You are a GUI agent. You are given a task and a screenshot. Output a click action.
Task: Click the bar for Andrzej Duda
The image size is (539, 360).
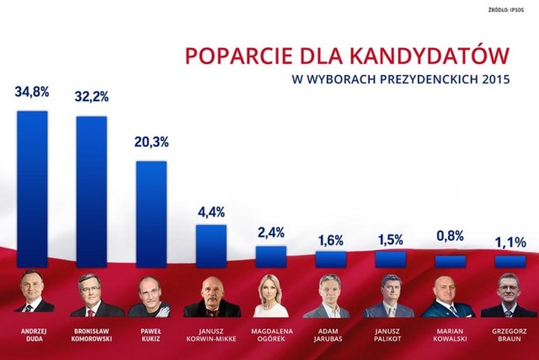coord(32,189)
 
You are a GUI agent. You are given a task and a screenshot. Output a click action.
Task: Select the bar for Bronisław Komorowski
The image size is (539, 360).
coord(92,192)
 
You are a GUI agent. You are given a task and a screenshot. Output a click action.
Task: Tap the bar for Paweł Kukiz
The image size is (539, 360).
coord(152,214)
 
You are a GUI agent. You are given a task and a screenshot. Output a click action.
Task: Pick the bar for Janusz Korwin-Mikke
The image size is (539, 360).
coord(211,246)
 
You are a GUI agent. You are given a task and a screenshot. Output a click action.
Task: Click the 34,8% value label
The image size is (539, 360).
coord(32,92)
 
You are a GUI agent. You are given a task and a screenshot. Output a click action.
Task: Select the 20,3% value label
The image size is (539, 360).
coord(152,142)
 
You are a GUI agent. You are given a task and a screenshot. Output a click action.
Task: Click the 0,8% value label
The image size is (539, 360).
coord(450,237)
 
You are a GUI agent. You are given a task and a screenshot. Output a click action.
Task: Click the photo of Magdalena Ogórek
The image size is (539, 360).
coord(271,297)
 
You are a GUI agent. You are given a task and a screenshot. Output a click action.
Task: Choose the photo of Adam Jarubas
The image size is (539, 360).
coord(330,297)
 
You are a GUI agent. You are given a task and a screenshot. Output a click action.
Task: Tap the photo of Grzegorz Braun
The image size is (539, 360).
coord(509,297)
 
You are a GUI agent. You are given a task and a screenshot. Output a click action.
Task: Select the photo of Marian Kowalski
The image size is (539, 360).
coord(449,297)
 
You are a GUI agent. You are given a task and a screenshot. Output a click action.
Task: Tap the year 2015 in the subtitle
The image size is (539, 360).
coord(495,79)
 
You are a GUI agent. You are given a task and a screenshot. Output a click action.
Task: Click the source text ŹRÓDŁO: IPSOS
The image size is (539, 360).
coord(508,10)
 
